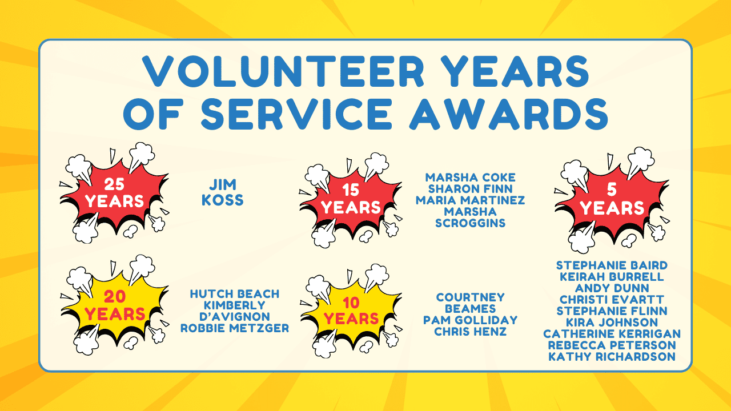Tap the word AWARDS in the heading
pyautogui.click(x=509, y=114)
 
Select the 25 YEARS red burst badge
pyautogui.click(x=114, y=193)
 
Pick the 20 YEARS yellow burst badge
pyautogui.click(x=114, y=305)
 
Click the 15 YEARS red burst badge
pyautogui.click(x=351, y=200)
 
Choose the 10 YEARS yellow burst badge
pyautogui.click(x=351, y=311)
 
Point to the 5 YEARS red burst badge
pyautogui.click(x=612, y=200)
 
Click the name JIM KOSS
pyautogui.click(x=223, y=192)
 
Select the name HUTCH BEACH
pyautogui.click(x=235, y=294)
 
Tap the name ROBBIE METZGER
pyautogui.click(x=235, y=328)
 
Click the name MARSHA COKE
pyautogui.click(x=470, y=178)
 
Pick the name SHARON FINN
pyautogui.click(x=470, y=189)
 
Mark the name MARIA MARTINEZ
pyautogui.click(x=470, y=200)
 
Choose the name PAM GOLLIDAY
pyautogui.click(x=470, y=320)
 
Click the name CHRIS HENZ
pyautogui.click(x=470, y=332)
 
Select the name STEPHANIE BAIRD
pyautogui.click(x=612, y=265)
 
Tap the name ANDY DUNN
pyautogui.click(x=612, y=288)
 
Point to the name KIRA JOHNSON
pyautogui.click(x=612, y=323)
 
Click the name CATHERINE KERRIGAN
pyautogui.click(x=612, y=334)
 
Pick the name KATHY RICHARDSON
pyautogui.click(x=612, y=357)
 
